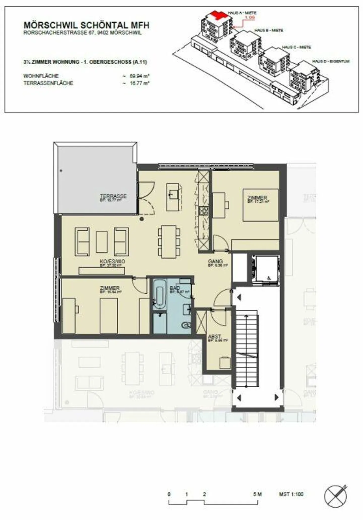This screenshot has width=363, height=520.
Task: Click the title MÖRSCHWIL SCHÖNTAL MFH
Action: [86, 25]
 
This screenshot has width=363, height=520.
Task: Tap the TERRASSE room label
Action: [113, 196]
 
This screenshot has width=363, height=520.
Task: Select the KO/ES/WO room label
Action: [112, 262]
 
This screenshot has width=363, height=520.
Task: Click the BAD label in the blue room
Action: [175, 288]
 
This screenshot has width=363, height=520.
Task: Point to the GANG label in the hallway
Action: [215, 262]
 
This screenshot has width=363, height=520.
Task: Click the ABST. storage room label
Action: [215, 337]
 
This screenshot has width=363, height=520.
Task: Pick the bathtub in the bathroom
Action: [160, 294]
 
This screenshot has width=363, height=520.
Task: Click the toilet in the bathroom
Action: [186, 325]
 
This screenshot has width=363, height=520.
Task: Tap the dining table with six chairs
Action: [169, 241]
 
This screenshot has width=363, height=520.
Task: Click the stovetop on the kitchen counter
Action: [203, 211]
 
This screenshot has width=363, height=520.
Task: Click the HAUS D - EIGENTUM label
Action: [331, 61]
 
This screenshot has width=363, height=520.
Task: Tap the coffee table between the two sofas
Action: [102, 242]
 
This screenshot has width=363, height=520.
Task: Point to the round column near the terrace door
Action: [142, 219]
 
